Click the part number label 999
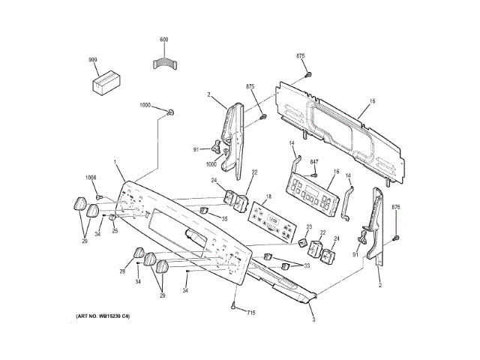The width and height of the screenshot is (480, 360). pyautogui.click(x=93, y=58)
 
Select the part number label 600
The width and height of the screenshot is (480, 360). pyautogui.click(x=164, y=39)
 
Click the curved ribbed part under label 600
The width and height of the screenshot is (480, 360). pyautogui.click(x=164, y=62)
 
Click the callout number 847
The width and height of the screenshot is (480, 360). pyautogui.click(x=314, y=163)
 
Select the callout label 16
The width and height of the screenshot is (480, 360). pyautogui.click(x=337, y=172)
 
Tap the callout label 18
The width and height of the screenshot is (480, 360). pyautogui.click(x=268, y=196)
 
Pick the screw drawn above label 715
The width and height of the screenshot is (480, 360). pyautogui.click(x=235, y=304)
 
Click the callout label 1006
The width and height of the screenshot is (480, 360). pyautogui.click(x=91, y=178)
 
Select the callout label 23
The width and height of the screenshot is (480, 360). pyautogui.click(x=310, y=227)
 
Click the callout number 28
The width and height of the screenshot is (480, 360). pyautogui.click(x=123, y=271)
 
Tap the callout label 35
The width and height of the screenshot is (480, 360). pyautogui.click(x=223, y=218)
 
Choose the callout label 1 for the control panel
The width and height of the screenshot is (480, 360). pyautogui.click(x=115, y=162)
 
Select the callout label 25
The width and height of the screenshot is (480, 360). pyautogui.click(x=115, y=231)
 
